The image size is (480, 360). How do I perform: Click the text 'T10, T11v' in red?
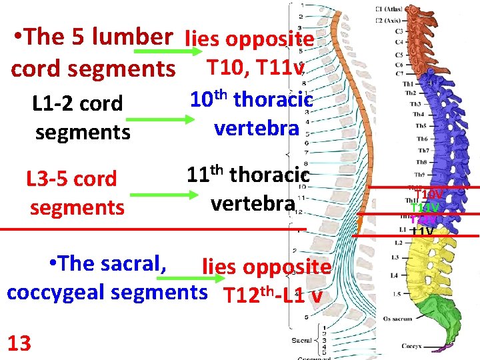coord(256,67)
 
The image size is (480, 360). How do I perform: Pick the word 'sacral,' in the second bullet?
coord(139,263)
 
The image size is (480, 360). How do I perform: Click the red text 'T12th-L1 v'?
coord(273,295)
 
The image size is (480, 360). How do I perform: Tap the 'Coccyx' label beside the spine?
coord(411,346)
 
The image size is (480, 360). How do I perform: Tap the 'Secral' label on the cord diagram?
coord(301,341)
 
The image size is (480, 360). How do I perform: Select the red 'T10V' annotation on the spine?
coord(429,194)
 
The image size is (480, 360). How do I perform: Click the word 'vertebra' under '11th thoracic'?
coord(252,203)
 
